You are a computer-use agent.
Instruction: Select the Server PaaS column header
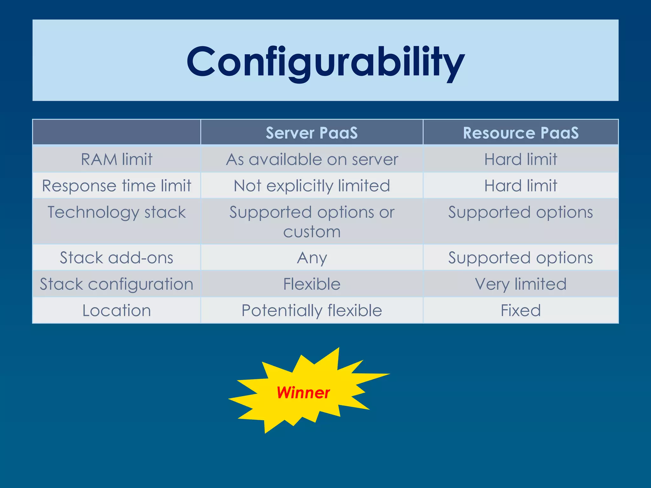point(312,133)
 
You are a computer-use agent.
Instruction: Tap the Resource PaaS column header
point(521,133)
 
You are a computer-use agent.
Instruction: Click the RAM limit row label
point(117,159)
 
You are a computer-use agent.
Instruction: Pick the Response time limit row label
point(117,186)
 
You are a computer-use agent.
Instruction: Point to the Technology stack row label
point(117,212)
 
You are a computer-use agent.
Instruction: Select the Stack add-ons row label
point(117,258)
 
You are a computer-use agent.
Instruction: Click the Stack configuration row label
point(117,284)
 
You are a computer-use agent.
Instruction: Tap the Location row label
point(117,310)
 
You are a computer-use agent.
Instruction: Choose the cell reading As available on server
point(312,159)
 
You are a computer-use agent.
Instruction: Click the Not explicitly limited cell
point(312,186)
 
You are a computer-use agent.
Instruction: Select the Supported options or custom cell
point(312,221)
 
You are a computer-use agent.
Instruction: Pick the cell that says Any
point(312,258)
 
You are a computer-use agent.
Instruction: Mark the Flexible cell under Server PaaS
point(312,284)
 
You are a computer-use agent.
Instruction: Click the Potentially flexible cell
point(312,310)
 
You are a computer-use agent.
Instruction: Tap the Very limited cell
point(521,284)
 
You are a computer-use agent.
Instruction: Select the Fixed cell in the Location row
point(521,310)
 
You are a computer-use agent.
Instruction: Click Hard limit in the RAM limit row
point(521,159)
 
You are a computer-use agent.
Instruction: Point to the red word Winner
point(303,393)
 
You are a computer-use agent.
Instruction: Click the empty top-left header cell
point(117,132)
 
